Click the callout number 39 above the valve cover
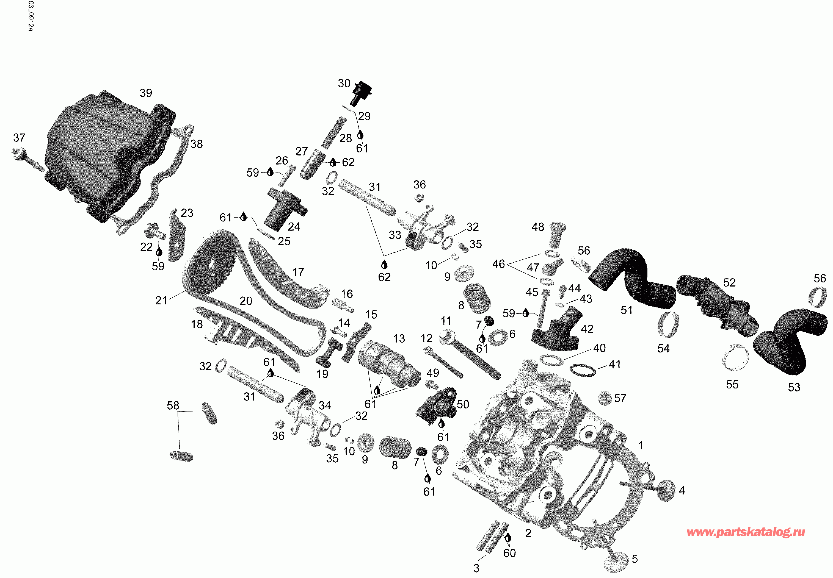146,93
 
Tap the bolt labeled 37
27,159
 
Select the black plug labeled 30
361,93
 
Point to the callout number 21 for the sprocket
161,300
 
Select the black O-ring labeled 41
583,370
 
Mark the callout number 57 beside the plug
620,398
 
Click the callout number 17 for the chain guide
298,272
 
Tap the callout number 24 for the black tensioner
294,227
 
